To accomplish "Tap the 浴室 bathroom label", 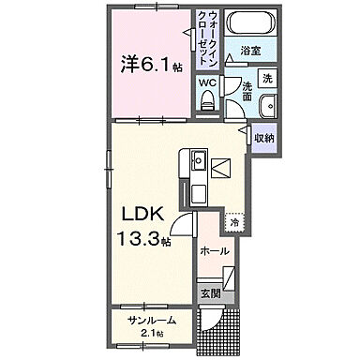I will point(248,49).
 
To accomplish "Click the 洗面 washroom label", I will point(247,91).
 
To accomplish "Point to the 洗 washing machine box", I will point(267,78).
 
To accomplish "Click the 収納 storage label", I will point(264,138).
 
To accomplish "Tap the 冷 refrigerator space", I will point(232,224).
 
